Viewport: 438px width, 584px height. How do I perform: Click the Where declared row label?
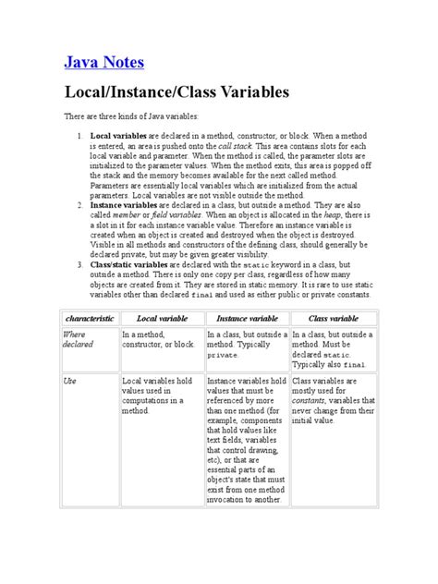(79, 340)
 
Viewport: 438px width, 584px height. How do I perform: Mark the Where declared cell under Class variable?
(332, 349)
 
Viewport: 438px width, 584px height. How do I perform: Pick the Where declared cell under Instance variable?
(246, 344)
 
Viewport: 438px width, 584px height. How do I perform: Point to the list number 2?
(80, 208)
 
